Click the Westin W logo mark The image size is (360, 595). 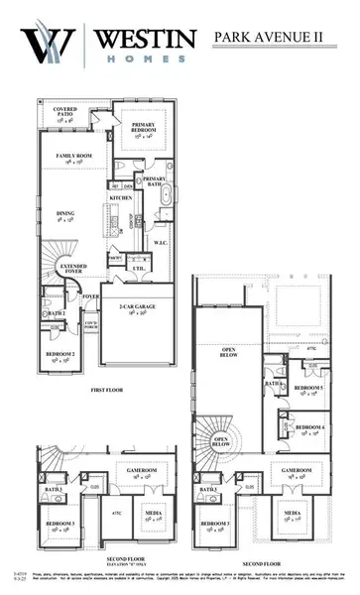tap(46, 46)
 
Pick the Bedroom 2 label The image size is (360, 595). tap(58, 355)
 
